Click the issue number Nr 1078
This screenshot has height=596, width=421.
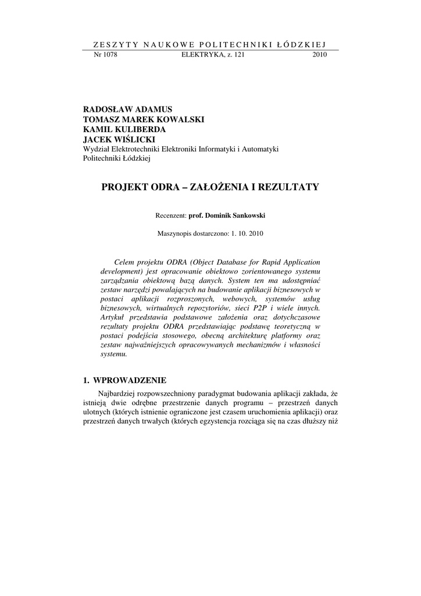(105, 55)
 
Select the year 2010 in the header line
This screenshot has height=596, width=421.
(320, 55)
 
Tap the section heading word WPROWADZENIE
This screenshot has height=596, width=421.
(130, 381)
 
